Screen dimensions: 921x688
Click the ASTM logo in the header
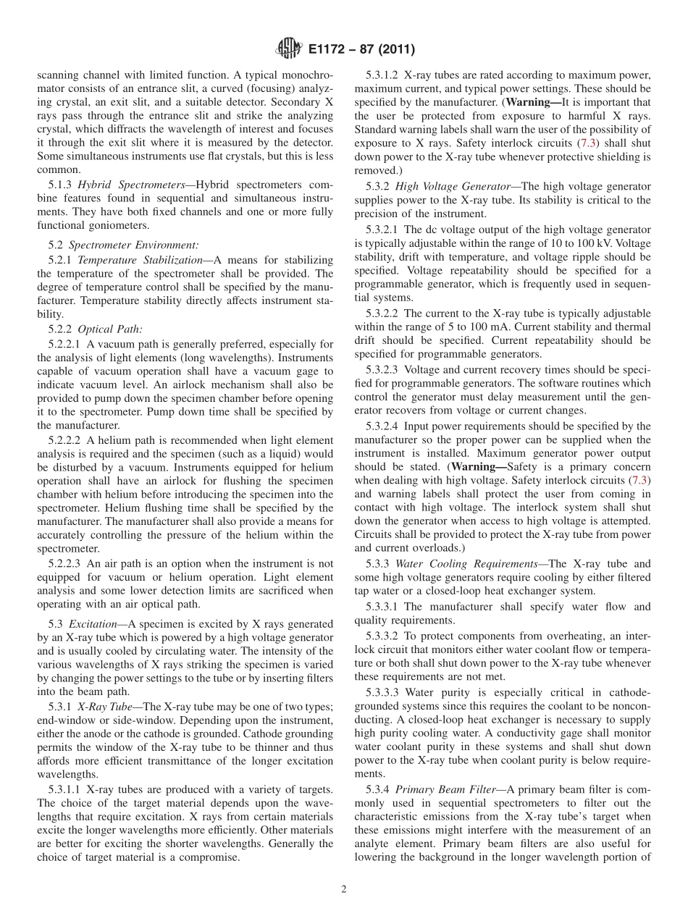(288, 49)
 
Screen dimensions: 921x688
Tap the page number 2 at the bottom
(344, 889)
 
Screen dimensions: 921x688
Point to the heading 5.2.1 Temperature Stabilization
(125, 259)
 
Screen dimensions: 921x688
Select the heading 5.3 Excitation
(84, 623)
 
